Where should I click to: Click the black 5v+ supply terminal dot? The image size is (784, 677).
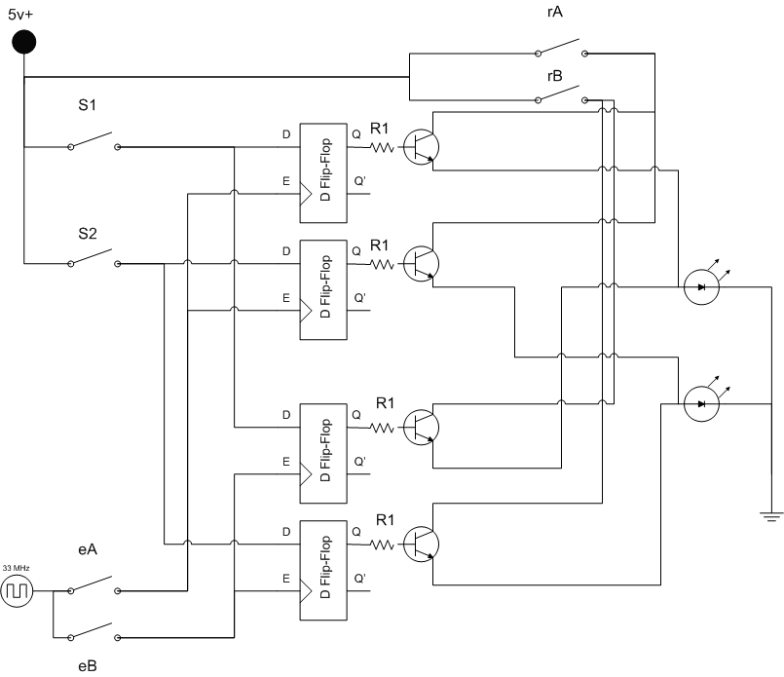(24, 42)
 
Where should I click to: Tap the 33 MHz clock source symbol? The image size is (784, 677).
(17, 591)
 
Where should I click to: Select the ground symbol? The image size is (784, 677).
(771, 517)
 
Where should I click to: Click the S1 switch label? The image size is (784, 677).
(87, 105)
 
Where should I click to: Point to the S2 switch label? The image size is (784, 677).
(87, 234)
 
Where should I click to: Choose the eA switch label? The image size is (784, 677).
(88, 549)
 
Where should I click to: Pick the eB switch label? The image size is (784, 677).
(88, 666)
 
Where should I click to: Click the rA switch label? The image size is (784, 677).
(555, 12)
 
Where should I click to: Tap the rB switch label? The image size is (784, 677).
(555, 76)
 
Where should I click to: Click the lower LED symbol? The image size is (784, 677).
(701, 403)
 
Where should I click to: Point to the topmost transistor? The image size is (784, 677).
(421, 147)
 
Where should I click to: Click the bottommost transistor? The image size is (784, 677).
(421, 544)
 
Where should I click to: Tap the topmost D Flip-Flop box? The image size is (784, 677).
(323, 172)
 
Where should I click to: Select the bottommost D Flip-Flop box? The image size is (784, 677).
(323, 570)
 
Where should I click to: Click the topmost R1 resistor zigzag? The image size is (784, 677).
(383, 147)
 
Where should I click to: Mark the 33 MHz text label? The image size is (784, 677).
(16, 568)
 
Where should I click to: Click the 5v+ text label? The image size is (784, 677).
(20, 15)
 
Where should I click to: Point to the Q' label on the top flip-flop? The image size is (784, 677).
(360, 181)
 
